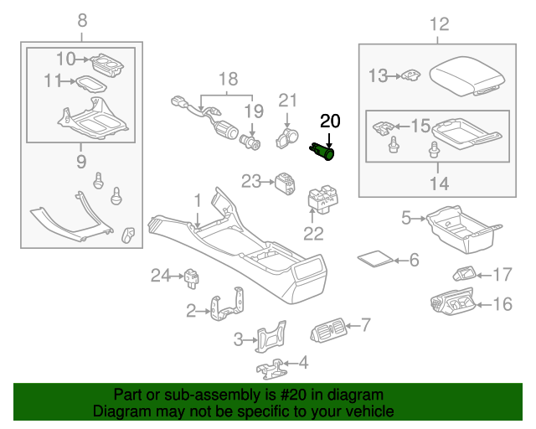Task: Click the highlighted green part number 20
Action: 323,151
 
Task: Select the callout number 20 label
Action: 331,121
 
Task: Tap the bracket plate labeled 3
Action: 271,339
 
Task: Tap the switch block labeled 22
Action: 321,203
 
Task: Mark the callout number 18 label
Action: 229,80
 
